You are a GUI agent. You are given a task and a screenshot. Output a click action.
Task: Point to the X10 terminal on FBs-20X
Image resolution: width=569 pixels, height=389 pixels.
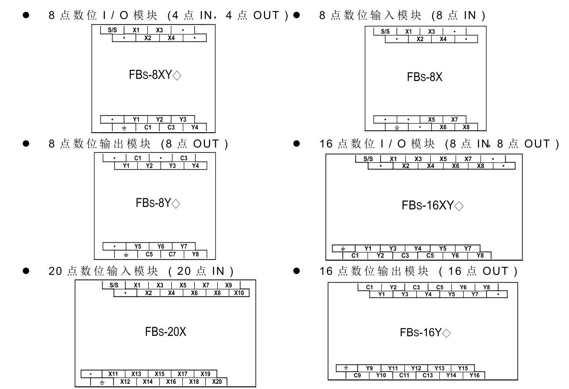pos(239,293)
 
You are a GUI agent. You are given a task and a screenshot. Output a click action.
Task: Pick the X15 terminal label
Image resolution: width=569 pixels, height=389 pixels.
pos(159,374)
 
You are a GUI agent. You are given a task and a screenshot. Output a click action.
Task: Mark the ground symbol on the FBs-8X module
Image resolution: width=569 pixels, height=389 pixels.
pos(397,127)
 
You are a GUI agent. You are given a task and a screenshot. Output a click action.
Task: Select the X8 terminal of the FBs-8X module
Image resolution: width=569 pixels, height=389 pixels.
pos(466,127)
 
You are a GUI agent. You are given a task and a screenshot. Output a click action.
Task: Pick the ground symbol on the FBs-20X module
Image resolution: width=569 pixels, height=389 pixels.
pos(101,381)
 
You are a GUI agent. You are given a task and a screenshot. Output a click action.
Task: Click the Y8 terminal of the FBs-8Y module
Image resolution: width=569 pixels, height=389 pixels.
pos(195,254)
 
